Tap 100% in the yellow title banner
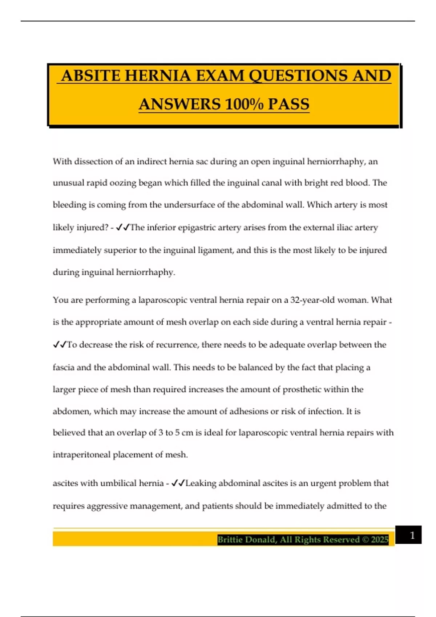pyautogui.click(x=244, y=105)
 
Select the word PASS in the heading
pyautogui.click(x=288, y=105)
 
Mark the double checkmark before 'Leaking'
pyautogui.click(x=178, y=483)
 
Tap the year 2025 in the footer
pyautogui.click(x=380, y=540)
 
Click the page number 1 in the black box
pyautogui.click(x=412, y=535)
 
